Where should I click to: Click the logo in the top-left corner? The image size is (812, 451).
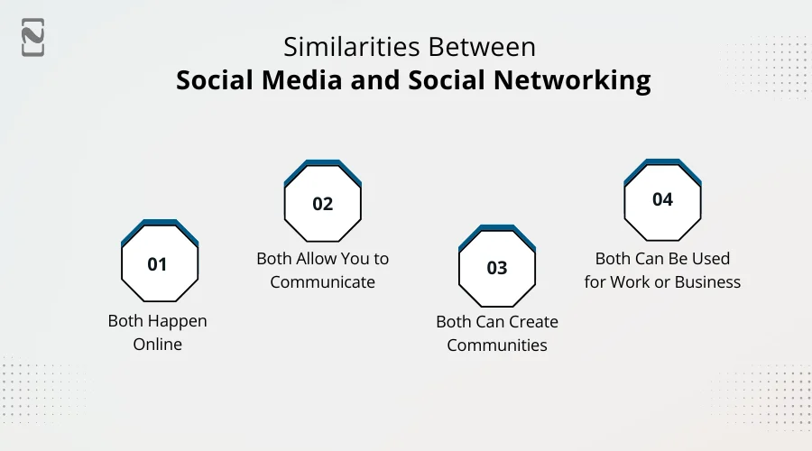[x=33, y=37]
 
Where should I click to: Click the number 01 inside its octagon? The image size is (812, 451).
[x=158, y=264]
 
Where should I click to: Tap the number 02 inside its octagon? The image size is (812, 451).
[x=323, y=204]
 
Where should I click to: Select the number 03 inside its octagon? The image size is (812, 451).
[x=497, y=268]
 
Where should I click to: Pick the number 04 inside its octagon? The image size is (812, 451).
[x=662, y=200]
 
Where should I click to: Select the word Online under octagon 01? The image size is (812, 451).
[x=158, y=344]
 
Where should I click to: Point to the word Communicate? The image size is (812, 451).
[x=322, y=281]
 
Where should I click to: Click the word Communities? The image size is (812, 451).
[x=497, y=345]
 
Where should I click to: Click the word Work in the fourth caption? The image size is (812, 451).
[x=630, y=281]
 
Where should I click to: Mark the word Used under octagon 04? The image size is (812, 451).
[x=710, y=259]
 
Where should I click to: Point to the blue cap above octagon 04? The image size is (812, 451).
[x=662, y=163]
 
